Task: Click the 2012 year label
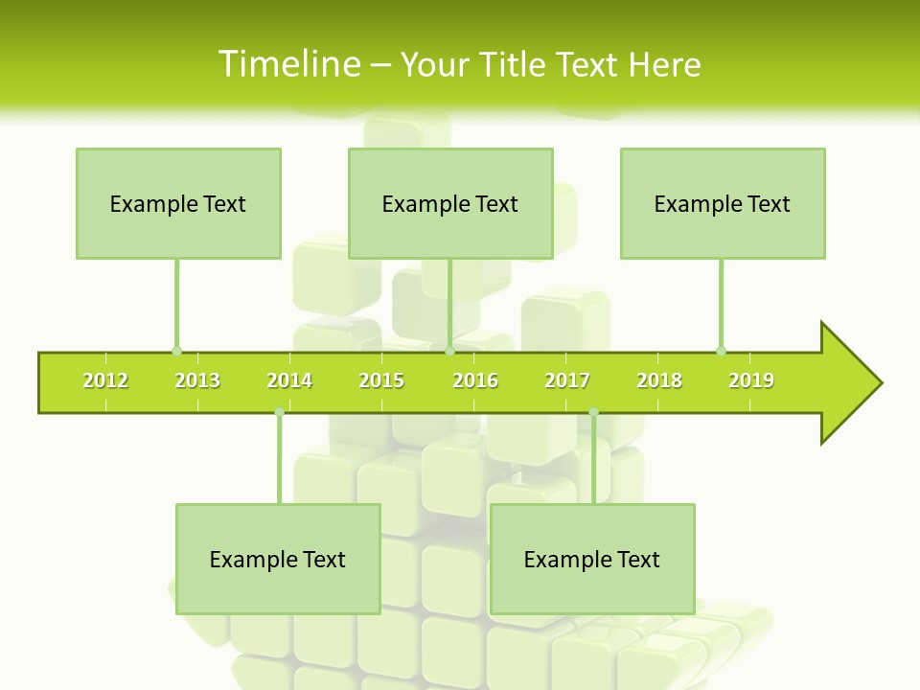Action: pyautogui.click(x=105, y=380)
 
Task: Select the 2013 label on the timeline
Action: pyautogui.click(x=197, y=380)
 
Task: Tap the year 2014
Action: pyautogui.click(x=289, y=380)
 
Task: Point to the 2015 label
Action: pyautogui.click(x=381, y=380)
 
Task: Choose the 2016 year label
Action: pyautogui.click(x=475, y=380)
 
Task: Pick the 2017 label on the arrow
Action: pyautogui.click(x=567, y=380)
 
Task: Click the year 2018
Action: pyautogui.click(x=659, y=380)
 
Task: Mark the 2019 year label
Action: pyautogui.click(x=751, y=380)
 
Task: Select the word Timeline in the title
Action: pyautogui.click(x=288, y=64)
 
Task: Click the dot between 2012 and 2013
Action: pyautogui.click(x=176, y=351)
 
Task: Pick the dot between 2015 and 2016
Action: pyautogui.click(x=449, y=351)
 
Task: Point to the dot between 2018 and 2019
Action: pyautogui.click(x=721, y=351)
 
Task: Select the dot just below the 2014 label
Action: pyautogui.click(x=279, y=412)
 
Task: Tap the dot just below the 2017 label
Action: pyautogui.click(x=593, y=412)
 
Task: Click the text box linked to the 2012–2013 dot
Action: pyautogui.click(x=178, y=203)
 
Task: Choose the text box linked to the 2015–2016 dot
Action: pyautogui.click(x=450, y=203)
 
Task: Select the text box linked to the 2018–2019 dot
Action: pyautogui.click(x=723, y=203)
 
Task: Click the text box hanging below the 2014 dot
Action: pyautogui.click(x=278, y=559)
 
